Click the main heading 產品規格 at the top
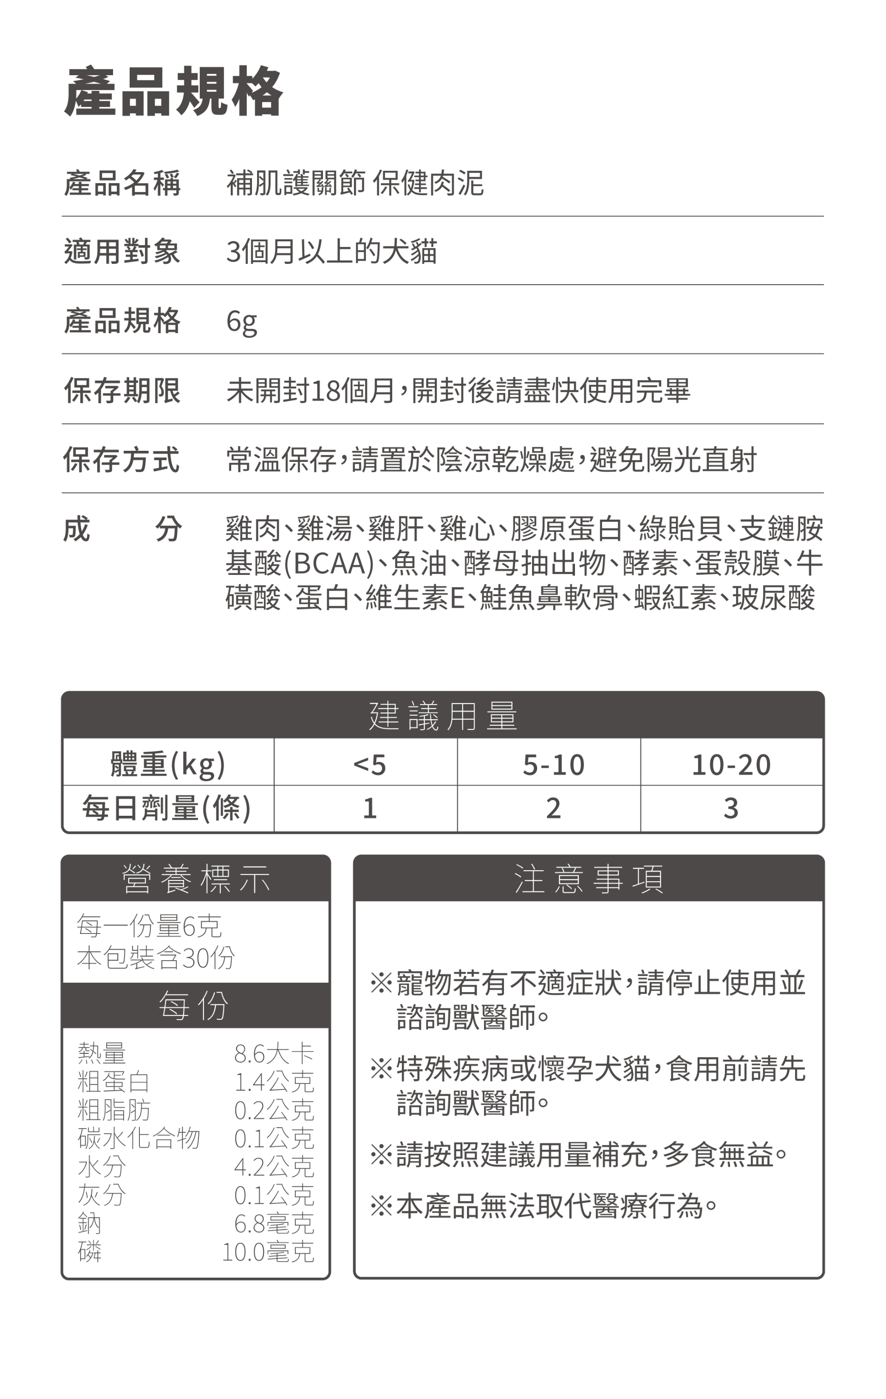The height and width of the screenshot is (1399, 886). pyautogui.click(x=173, y=91)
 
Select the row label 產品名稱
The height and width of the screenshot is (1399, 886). pyautogui.click(x=122, y=184)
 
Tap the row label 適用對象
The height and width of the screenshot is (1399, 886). pyautogui.click(x=122, y=251)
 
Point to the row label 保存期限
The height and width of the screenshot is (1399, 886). pyautogui.click(x=122, y=390)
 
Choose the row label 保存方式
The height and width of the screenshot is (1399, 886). pyautogui.click(x=122, y=460)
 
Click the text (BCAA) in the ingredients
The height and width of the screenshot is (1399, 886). pyautogui.click(x=328, y=563)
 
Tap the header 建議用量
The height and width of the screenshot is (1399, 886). pyautogui.click(x=443, y=715)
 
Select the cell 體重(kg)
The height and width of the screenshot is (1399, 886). pyautogui.click(x=168, y=764)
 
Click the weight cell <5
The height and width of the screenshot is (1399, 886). pyautogui.click(x=370, y=765)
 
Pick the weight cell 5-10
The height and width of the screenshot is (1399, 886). pyautogui.click(x=553, y=765)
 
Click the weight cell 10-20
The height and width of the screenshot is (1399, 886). pyautogui.click(x=731, y=765)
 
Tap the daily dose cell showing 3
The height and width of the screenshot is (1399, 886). pyautogui.click(x=731, y=808)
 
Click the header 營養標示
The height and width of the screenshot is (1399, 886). pyautogui.click(x=196, y=879)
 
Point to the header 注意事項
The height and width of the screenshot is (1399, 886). pyautogui.click(x=588, y=879)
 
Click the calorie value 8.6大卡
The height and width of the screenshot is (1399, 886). pyautogui.click(x=274, y=1053)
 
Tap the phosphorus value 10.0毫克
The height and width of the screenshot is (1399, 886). pyautogui.click(x=268, y=1252)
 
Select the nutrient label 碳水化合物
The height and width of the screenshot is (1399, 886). pyautogui.click(x=138, y=1138)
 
